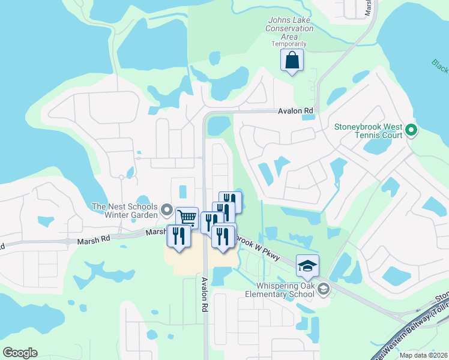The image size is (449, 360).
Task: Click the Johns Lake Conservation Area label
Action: pos(289,28)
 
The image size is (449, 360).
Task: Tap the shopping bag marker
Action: pos(292,61)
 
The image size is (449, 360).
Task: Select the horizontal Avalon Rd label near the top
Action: pos(295,111)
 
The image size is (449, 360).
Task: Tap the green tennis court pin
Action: pos(411,130)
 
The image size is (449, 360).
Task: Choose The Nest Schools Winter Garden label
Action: pos(124,211)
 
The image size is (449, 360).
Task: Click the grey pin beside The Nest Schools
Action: pos(166,211)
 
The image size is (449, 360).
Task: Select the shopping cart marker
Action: pos(187,218)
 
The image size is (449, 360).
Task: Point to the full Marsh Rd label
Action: pos(93,238)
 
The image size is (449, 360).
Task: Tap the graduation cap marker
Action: pos(307,266)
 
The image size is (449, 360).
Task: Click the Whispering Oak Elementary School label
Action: pos(280,290)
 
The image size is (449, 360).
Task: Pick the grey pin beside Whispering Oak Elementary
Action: pos(324,290)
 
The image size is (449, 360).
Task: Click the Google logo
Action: pos(20,353)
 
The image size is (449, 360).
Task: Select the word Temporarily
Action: pos(289,44)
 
